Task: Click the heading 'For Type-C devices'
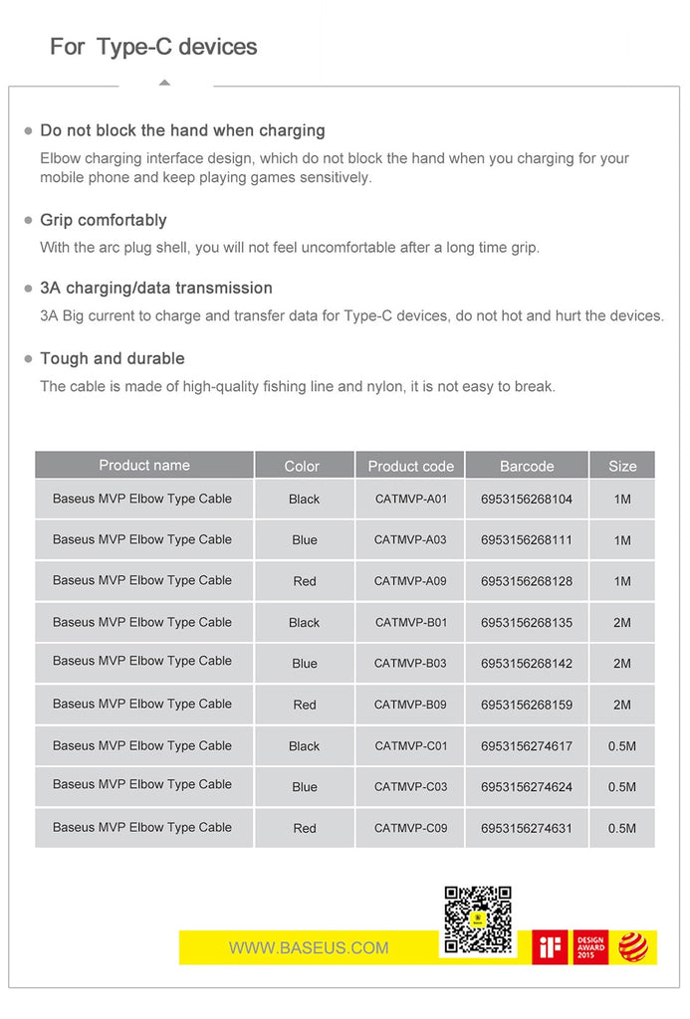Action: point(153,47)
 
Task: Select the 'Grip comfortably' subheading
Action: point(104,220)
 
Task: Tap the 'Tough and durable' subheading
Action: point(113,358)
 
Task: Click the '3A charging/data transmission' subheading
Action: point(156,288)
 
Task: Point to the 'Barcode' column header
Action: point(527,466)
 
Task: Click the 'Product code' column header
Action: point(410,466)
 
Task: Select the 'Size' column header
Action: point(622,466)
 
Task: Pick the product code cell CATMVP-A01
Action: point(411,499)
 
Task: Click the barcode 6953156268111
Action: point(527,540)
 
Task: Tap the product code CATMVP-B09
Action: point(410,705)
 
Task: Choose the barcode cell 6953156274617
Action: point(527,745)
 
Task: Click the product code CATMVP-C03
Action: point(410,786)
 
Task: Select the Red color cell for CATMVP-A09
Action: point(305,581)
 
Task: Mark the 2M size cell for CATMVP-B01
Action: point(622,623)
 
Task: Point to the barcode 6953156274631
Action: point(527,828)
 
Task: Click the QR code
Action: point(477,919)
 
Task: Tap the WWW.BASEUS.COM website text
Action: point(309,947)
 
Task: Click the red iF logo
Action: point(550,946)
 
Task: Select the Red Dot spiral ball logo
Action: point(633,946)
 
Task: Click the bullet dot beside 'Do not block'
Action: point(28,131)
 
